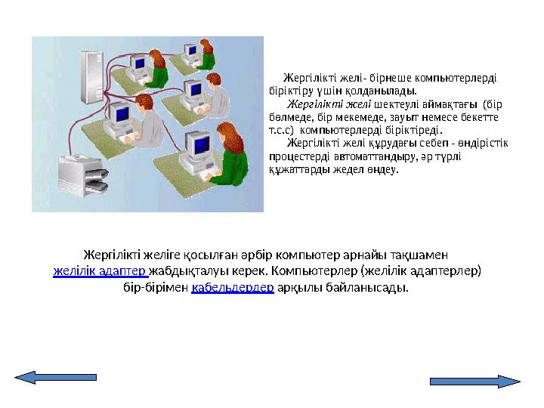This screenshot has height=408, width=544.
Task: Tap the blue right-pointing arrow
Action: pos(475,381)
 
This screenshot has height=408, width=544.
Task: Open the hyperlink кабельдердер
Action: pos(232,288)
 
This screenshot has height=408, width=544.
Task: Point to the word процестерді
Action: pos(296,156)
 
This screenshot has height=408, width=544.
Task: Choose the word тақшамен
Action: pos(424,255)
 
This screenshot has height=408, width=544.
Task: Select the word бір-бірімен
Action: pos(156,288)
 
